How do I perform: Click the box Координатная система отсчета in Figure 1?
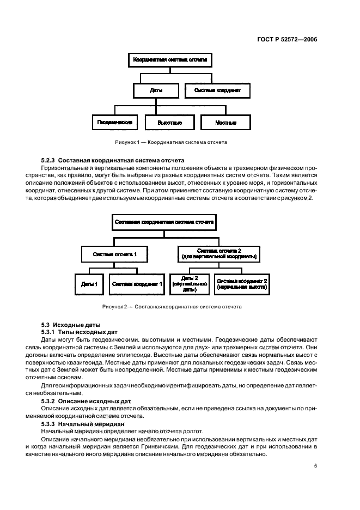pyautogui.click(x=170, y=60)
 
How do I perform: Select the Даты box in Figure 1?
pyautogui.click(x=156, y=90)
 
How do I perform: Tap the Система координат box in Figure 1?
pyautogui.click(x=218, y=90)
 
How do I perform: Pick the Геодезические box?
pyautogui.click(x=114, y=122)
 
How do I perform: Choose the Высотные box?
pyautogui.click(x=169, y=122)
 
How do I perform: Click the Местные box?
pyautogui.click(x=225, y=122)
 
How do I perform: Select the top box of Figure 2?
pyautogui.click(x=164, y=222)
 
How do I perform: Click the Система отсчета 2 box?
pyautogui.click(x=219, y=254)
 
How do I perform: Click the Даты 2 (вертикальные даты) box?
pyautogui.click(x=189, y=284)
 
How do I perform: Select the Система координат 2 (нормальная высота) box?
pyautogui.click(x=242, y=284)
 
